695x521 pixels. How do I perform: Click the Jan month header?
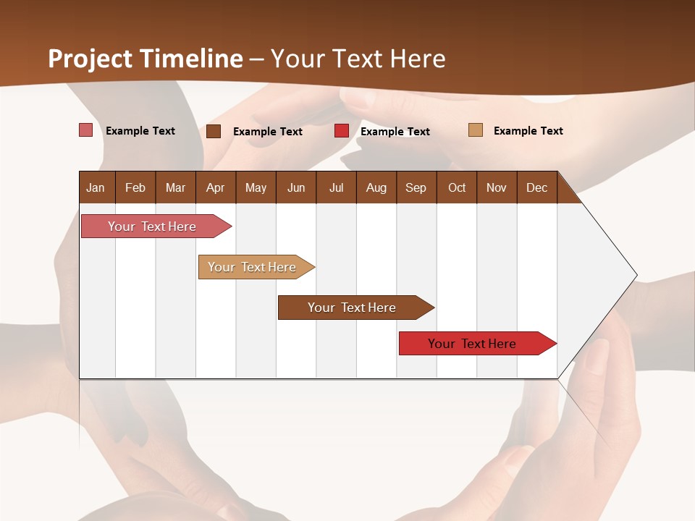click(96, 187)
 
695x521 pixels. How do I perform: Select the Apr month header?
click(216, 187)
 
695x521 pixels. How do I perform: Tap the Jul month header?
click(336, 187)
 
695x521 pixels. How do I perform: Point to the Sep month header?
click(416, 187)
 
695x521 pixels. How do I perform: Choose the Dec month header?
click(536, 187)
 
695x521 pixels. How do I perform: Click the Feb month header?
click(135, 187)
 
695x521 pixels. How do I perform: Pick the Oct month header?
click(457, 187)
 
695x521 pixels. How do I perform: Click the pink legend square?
click(85, 130)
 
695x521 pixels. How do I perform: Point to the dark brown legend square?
click(214, 131)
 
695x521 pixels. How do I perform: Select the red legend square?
click(342, 131)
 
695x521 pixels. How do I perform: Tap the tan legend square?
click(476, 130)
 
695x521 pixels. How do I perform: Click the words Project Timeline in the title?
click(145, 59)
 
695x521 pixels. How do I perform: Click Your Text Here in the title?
click(358, 59)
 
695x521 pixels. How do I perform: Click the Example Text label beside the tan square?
click(528, 130)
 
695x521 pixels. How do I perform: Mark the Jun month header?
click(296, 187)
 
